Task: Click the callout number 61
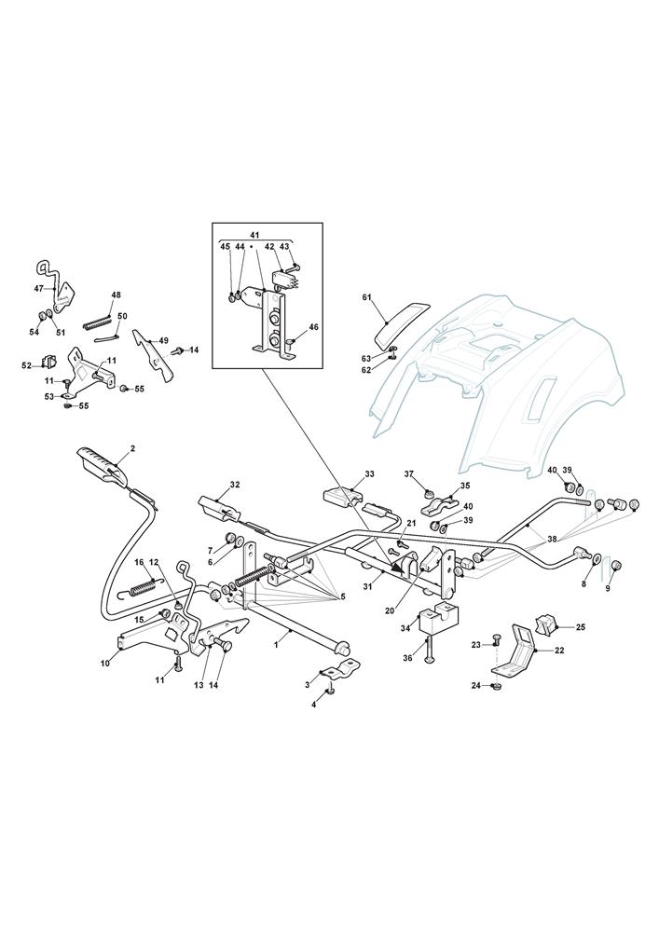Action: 366,297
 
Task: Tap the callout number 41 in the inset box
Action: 255,234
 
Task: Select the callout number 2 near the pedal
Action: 132,448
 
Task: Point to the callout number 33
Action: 369,474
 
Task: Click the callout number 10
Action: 105,663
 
